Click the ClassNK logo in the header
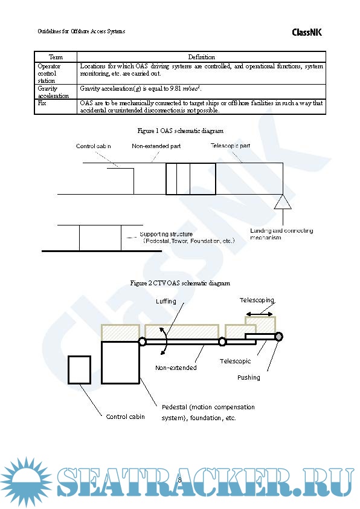(x=307, y=32)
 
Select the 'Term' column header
(x=56, y=57)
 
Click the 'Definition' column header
(x=201, y=57)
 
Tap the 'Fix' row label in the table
(x=42, y=103)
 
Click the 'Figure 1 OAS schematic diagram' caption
(x=180, y=131)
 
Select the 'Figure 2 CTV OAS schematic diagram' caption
(x=180, y=283)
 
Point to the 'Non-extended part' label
(x=156, y=146)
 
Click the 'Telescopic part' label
(x=231, y=146)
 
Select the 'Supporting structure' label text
(x=166, y=234)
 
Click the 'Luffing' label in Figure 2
(x=165, y=301)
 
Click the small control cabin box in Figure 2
(x=80, y=370)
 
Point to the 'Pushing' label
(x=248, y=377)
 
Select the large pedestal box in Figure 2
(x=121, y=361)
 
